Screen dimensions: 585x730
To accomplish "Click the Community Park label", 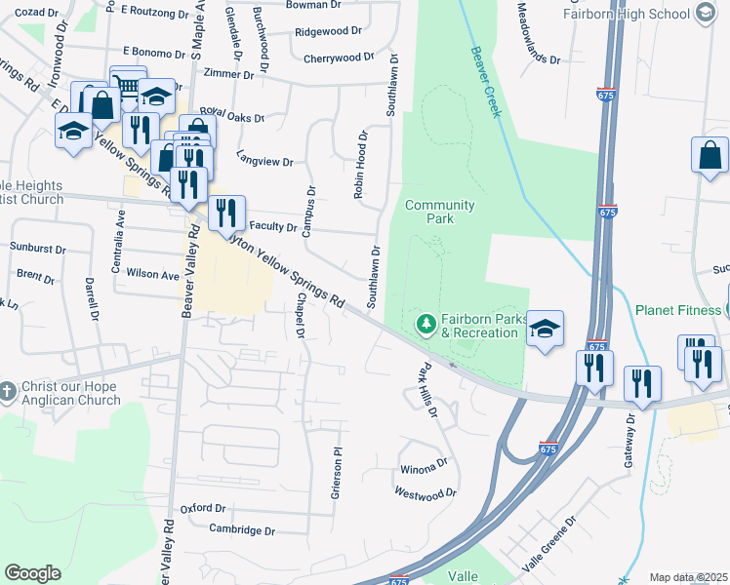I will [x=439, y=212].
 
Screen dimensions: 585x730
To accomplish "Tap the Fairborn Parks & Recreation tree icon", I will [x=426, y=323].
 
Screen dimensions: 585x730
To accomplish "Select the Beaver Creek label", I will [x=485, y=82].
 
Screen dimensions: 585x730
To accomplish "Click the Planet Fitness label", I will [x=677, y=310].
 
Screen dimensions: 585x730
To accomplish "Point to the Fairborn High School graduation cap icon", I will [x=706, y=13].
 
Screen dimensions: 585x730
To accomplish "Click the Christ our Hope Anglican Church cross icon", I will [x=8, y=389].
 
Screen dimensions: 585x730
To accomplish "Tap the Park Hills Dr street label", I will [x=425, y=389].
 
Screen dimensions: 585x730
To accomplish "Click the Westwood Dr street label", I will [x=426, y=494].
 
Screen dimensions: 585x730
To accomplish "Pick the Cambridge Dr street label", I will [x=242, y=530].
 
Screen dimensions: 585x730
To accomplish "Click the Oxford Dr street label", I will [x=203, y=509].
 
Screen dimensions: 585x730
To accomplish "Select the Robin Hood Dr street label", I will [x=360, y=165].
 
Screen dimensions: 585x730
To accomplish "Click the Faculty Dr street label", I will [x=273, y=226].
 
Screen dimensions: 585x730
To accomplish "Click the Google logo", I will [x=32, y=573].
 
